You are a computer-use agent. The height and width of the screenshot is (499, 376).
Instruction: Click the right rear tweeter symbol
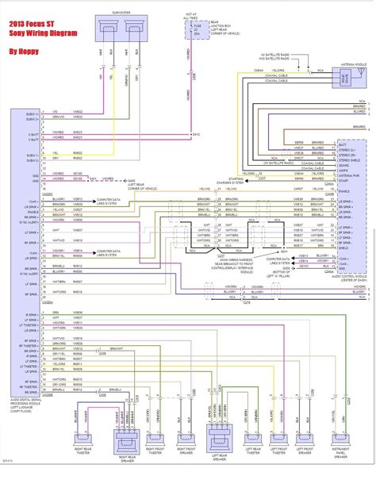(85, 439)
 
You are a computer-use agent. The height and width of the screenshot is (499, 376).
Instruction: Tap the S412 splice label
(195, 136)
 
